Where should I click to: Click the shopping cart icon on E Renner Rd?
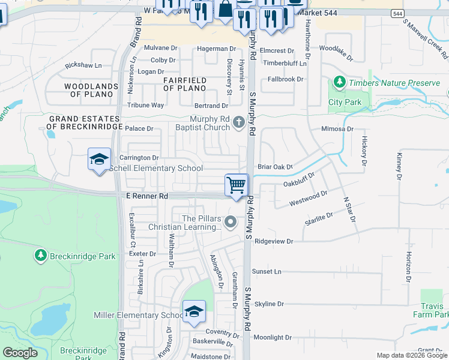pyautogui.click(x=237, y=185)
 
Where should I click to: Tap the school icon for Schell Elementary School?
pyautogui.click(x=99, y=159)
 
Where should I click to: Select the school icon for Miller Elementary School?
pyautogui.click(x=193, y=311)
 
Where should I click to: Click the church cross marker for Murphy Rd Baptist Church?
pyautogui.click(x=239, y=122)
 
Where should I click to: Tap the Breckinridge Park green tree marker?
pyautogui.click(x=41, y=256)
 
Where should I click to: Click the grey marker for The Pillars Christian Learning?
pyautogui.click(x=230, y=223)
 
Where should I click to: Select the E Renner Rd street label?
pyautogui.click(x=148, y=196)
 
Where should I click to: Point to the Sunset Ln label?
pyautogui.click(x=267, y=272)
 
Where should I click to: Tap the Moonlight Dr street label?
pyautogui.click(x=272, y=338)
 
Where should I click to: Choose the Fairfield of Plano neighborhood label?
pyautogui.click(x=185, y=84)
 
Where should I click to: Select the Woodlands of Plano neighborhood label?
pyautogui.click(x=91, y=90)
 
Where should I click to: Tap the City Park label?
pyautogui.click(x=345, y=102)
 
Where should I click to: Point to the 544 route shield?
pyautogui.click(x=397, y=13)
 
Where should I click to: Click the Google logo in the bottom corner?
pyautogui.click(x=20, y=353)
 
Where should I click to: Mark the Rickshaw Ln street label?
pyautogui.click(x=83, y=65)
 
